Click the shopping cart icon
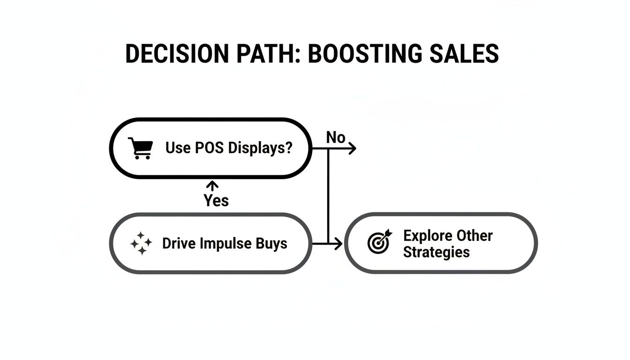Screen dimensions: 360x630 [140, 148]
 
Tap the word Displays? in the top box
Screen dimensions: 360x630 [260, 148]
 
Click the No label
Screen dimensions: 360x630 [336, 138]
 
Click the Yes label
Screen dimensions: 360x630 [216, 201]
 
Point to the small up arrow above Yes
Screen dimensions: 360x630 [213, 186]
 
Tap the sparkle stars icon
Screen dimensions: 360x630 [141, 244]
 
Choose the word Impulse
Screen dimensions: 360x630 [225, 244]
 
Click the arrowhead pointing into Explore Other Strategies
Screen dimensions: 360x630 [338, 243]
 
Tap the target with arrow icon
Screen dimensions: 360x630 [379, 242]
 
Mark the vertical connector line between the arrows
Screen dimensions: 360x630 [328, 197]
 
